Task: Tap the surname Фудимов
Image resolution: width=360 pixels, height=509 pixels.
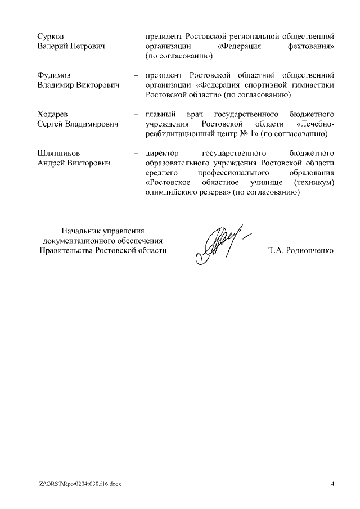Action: click(x=55, y=75)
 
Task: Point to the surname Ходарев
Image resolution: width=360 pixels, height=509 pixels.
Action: click(x=53, y=114)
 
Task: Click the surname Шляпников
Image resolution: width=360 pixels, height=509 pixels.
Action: click(x=58, y=153)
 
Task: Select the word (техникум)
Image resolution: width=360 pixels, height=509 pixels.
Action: click(x=314, y=183)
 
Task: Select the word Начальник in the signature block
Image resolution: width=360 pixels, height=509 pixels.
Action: click(x=82, y=230)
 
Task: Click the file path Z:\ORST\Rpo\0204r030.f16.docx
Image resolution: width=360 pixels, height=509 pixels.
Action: click(x=79, y=484)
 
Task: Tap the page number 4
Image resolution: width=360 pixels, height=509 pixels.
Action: click(x=332, y=484)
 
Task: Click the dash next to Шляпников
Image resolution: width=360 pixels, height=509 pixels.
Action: click(x=136, y=153)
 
